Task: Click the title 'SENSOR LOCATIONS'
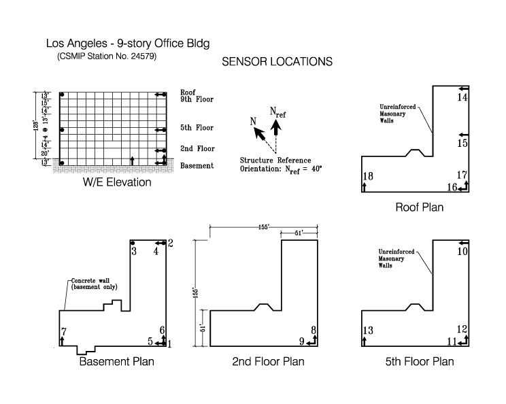[277, 62]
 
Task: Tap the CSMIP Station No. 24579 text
[107, 56]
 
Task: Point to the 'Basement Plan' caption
[117, 361]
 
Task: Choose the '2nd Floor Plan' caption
[268, 361]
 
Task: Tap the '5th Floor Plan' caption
[419, 361]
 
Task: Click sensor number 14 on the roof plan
[462, 98]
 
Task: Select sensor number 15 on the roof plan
[462, 144]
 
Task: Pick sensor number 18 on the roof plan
[368, 177]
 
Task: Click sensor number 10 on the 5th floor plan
[462, 252]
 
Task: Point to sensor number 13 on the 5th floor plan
[368, 331]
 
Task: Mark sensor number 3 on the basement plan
[134, 252]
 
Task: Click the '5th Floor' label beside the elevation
[197, 128]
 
